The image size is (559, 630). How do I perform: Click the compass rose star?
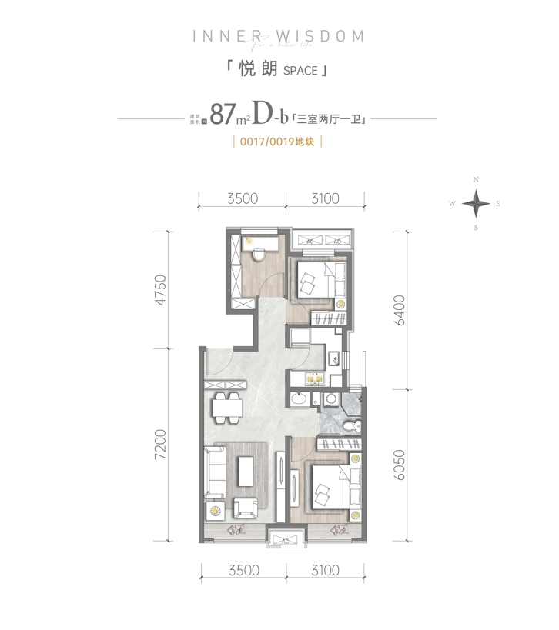point(477,204)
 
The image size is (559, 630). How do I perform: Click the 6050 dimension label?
point(399,464)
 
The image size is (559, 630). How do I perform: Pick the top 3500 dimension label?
point(242,199)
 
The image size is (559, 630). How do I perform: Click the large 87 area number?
point(222,115)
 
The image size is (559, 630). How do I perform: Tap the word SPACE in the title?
point(300,71)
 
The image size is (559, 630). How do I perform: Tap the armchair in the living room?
point(246,507)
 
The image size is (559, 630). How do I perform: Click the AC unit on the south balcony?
point(285,541)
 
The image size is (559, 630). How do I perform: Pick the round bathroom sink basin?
point(300,399)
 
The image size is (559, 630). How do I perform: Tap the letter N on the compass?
point(477,180)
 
